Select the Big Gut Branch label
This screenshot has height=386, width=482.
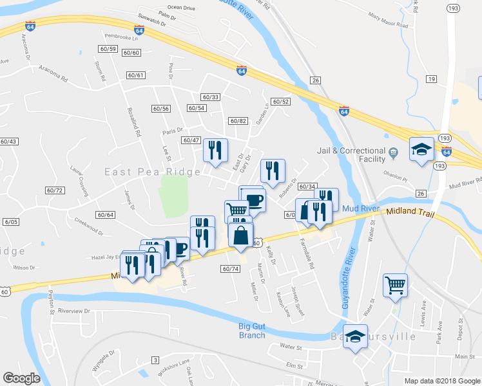point(252,331)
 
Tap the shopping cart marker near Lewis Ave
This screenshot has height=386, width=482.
point(395,284)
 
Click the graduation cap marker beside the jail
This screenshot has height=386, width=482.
point(421,151)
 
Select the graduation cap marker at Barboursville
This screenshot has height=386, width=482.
point(355,337)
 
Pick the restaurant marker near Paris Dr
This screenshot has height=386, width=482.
point(215,151)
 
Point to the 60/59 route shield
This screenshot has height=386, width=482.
point(108,49)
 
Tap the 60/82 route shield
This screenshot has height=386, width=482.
point(238,121)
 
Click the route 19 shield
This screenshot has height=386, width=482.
point(431,79)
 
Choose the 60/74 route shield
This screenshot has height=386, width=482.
point(230,268)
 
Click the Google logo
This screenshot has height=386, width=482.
point(22,378)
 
